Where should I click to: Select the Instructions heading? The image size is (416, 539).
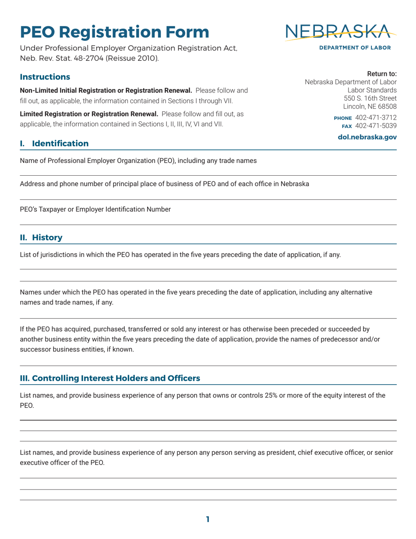click(45, 77)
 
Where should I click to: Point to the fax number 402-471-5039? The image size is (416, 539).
click(376, 126)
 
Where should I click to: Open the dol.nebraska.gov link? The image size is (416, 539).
click(367, 137)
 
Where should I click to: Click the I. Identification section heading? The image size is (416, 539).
click(54, 143)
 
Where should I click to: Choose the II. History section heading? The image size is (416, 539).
click(41, 238)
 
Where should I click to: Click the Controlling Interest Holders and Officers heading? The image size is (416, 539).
click(110, 378)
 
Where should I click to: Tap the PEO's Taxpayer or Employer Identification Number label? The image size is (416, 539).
click(95, 209)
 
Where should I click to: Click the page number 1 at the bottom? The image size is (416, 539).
click(208, 520)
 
